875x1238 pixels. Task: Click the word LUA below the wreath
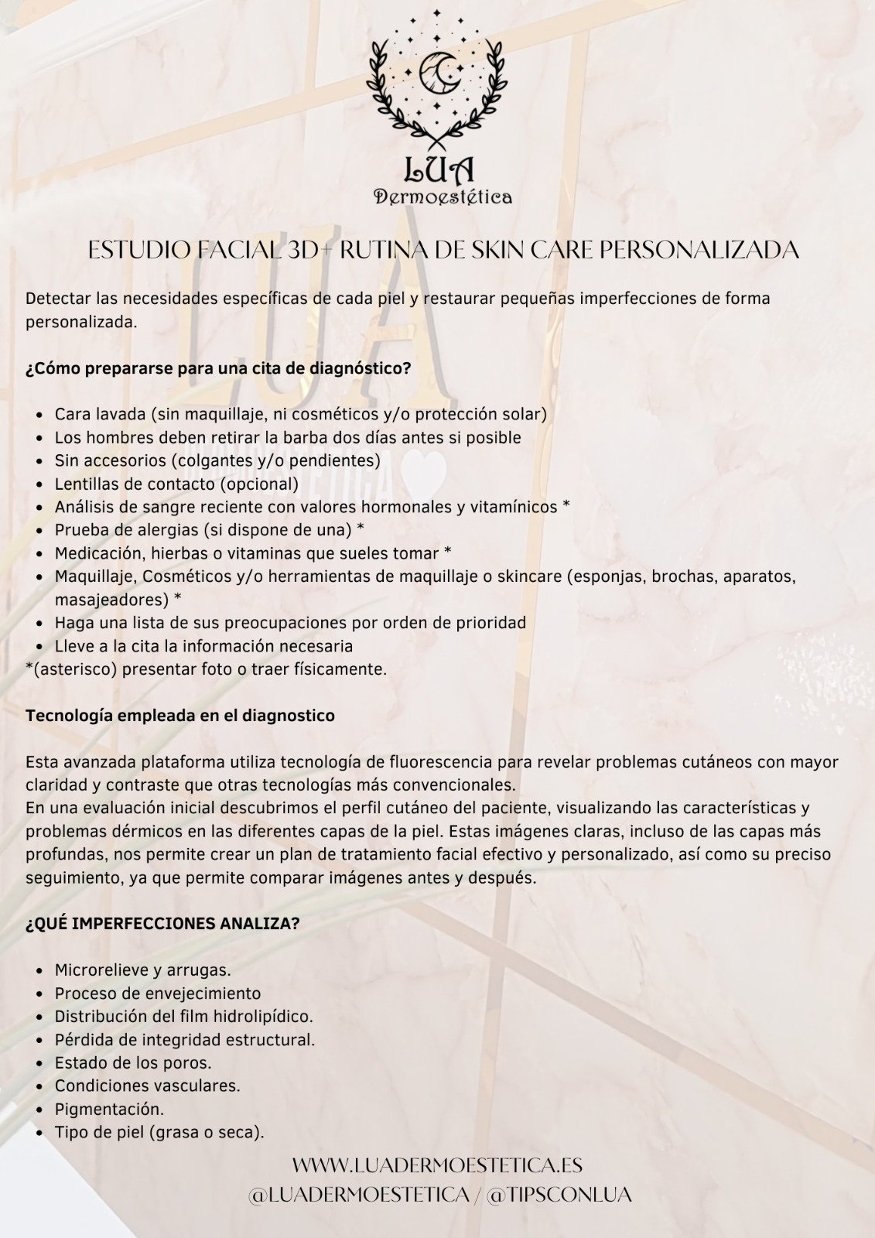439,170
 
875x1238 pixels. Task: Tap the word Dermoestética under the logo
443,197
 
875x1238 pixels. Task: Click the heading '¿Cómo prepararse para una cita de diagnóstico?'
218,368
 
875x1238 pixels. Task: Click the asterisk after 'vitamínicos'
566,505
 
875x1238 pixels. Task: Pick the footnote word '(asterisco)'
71,669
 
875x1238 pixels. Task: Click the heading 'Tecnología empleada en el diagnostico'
179,716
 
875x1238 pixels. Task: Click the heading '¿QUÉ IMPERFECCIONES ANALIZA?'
162,924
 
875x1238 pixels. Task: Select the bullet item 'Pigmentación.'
109,1109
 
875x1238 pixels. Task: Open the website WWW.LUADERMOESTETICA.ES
437,1165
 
